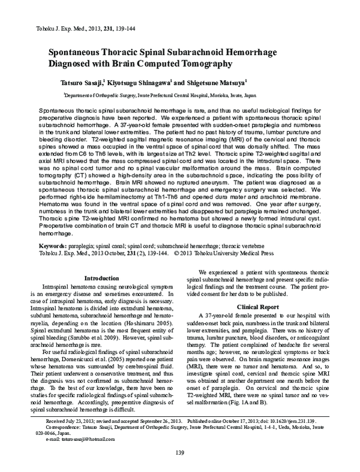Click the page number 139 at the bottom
[x=180, y=452]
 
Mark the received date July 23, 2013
[x=60, y=423]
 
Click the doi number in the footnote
[x=293, y=423]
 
